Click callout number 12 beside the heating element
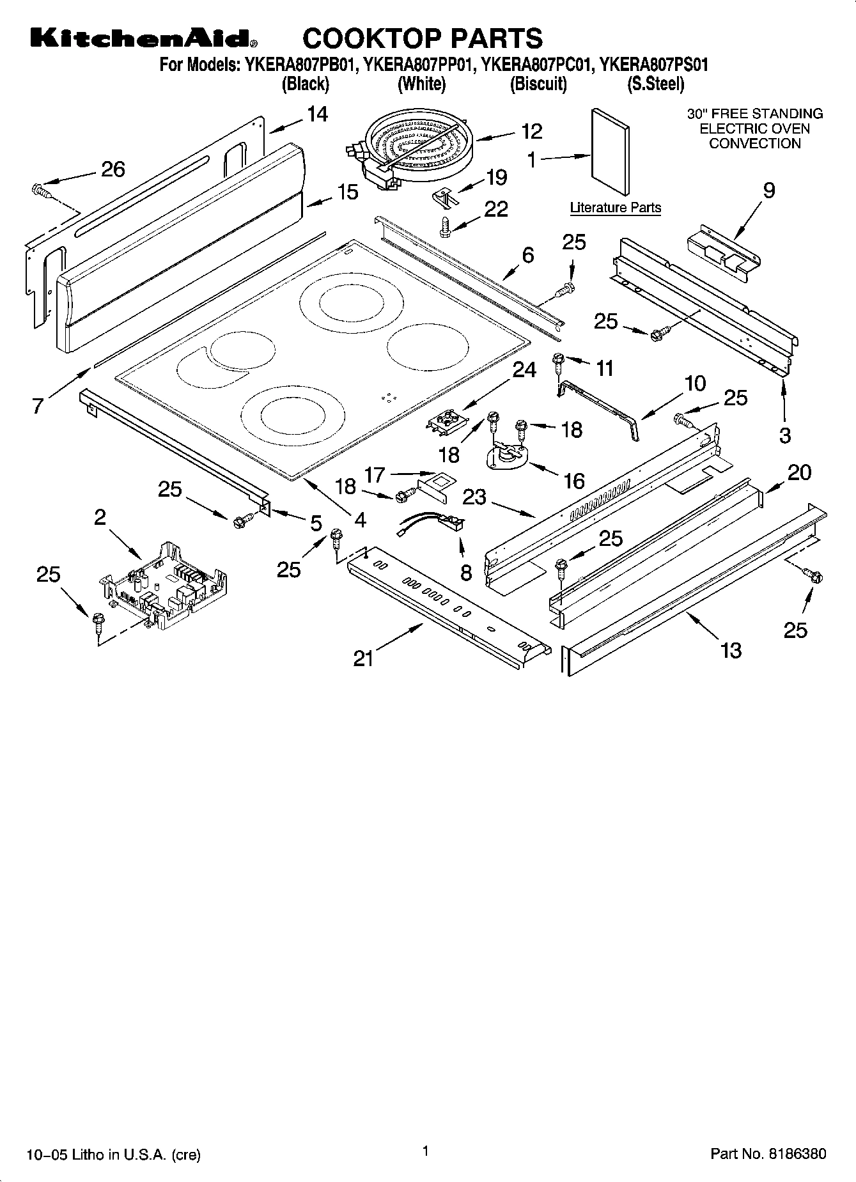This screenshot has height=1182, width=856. point(531,131)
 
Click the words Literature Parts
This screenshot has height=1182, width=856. point(615,208)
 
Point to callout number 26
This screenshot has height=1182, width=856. point(113,169)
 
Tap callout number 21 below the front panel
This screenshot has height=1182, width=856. point(363,658)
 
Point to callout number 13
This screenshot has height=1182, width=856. point(730,650)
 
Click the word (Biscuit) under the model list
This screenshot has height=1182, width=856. point(538,84)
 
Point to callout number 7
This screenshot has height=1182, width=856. point(39,405)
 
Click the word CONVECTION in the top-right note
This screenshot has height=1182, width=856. point(754,143)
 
